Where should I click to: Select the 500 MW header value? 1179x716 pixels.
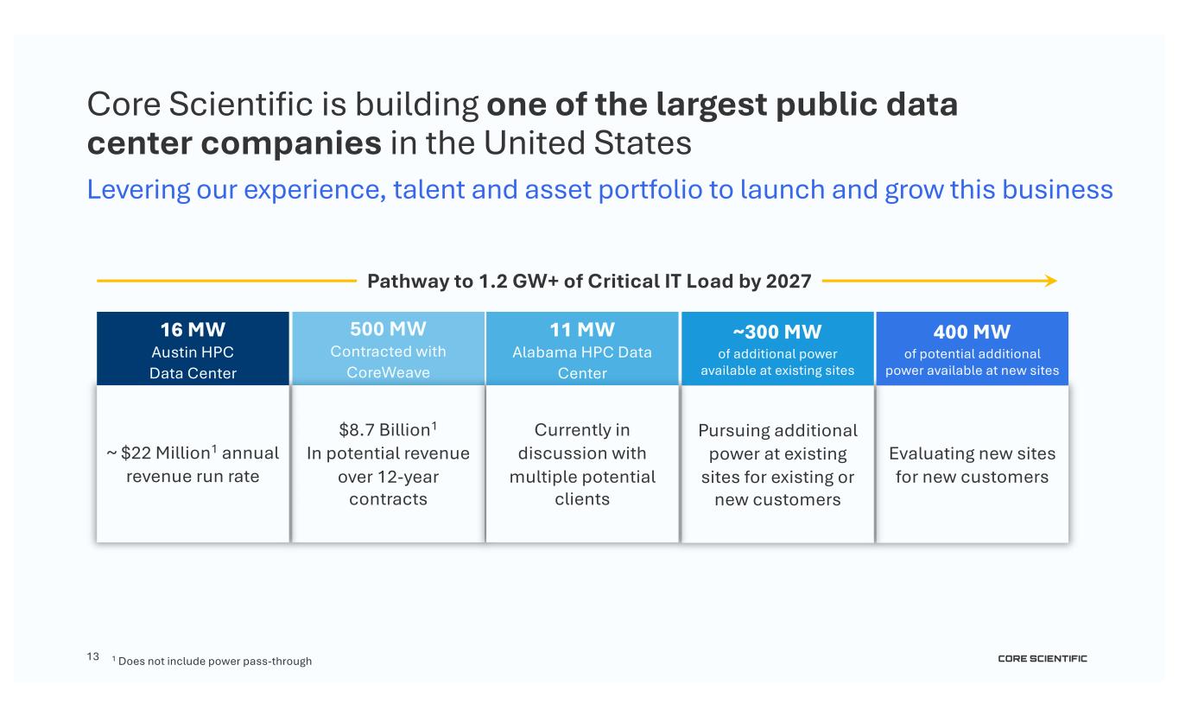pos(388,329)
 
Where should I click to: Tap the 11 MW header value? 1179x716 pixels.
pos(582,329)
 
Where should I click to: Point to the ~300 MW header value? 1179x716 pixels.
pos(777,333)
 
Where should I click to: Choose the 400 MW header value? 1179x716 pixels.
pos(972,333)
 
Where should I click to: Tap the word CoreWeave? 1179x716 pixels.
pos(388,373)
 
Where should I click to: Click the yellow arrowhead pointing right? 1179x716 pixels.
pos(1050,281)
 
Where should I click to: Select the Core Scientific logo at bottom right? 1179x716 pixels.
pos(1043,659)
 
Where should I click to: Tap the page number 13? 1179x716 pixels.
pos(93,657)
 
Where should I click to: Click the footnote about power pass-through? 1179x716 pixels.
pos(214,662)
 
